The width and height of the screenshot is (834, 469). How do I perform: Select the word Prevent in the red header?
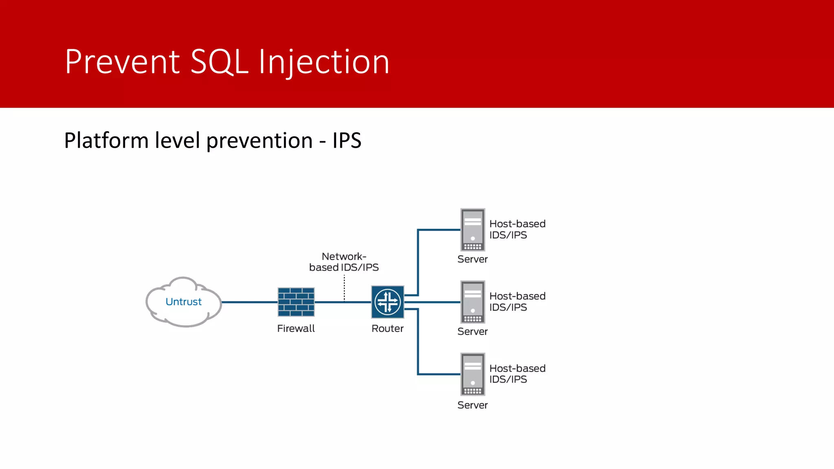tap(122, 62)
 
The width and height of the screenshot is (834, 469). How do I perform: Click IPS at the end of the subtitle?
tap(347, 140)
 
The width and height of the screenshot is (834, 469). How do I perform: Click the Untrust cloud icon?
tap(183, 302)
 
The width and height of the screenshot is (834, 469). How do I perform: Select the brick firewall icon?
tap(296, 302)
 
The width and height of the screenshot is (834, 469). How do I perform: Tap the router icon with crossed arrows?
tap(387, 302)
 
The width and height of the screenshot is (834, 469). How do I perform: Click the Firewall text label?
tap(296, 329)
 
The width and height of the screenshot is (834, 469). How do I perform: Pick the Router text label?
tap(387, 329)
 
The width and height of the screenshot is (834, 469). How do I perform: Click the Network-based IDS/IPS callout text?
tap(344, 262)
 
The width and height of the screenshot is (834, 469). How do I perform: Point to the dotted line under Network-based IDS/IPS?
tap(345, 288)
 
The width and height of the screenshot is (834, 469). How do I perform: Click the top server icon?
tap(472, 230)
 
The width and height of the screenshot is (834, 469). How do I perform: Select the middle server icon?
tap(472, 302)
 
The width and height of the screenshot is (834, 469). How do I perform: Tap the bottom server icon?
tap(472, 374)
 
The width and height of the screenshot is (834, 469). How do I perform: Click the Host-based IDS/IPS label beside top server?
tap(517, 229)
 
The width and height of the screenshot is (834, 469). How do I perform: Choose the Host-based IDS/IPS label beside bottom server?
tap(517, 374)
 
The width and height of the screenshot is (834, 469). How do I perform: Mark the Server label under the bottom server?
tap(472, 405)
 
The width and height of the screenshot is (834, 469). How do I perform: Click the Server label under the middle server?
tap(472, 331)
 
